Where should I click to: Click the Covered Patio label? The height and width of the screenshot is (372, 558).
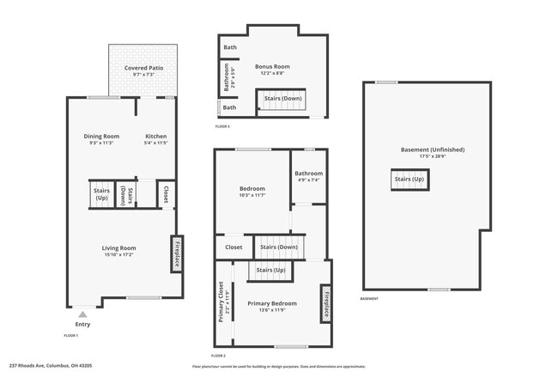(143, 67)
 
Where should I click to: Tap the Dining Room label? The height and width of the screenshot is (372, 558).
(101, 136)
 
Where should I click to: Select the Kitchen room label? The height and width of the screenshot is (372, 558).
(155, 136)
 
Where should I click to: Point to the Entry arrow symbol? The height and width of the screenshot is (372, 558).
(82, 315)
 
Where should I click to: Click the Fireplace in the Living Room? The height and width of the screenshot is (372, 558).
(177, 253)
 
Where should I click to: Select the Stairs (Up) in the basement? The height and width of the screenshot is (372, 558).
(409, 180)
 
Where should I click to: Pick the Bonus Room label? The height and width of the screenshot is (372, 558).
(272, 66)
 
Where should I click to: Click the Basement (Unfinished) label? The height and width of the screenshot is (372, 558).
(433, 149)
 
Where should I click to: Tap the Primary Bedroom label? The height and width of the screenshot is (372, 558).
(272, 303)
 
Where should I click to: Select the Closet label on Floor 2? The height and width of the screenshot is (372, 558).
(234, 247)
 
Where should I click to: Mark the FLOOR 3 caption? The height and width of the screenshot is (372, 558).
(222, 126)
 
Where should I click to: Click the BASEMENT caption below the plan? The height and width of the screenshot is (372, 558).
(369, 298)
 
